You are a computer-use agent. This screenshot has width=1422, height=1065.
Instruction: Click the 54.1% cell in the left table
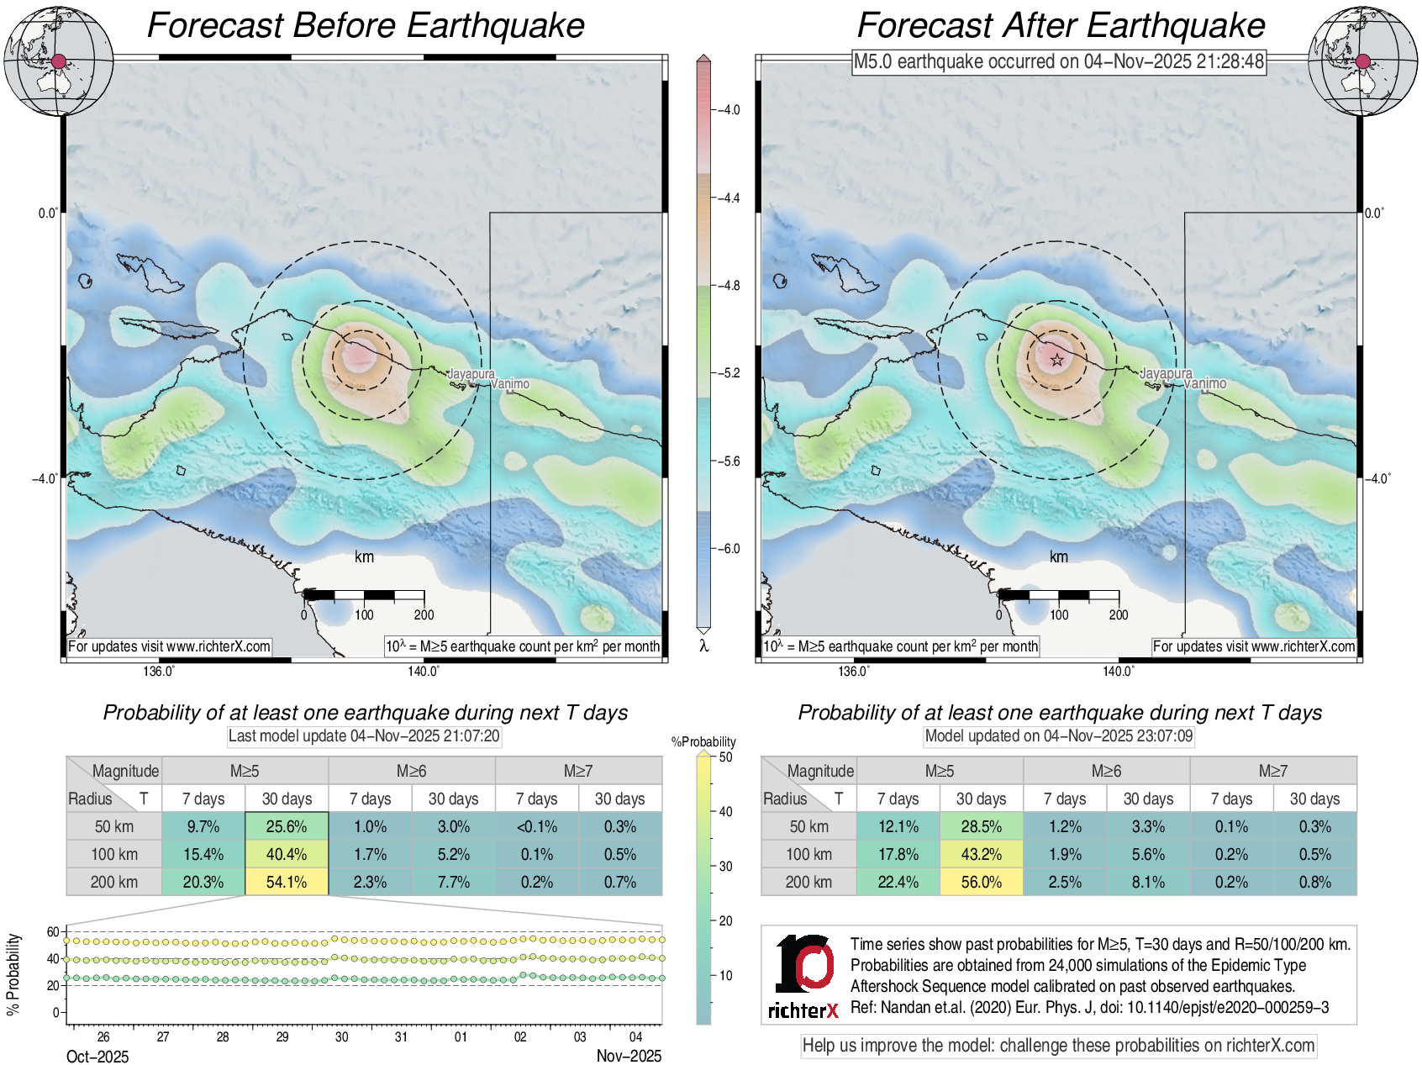click(x=287, y=882)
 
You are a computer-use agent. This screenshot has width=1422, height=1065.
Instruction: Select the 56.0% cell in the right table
click(x=981, y=882)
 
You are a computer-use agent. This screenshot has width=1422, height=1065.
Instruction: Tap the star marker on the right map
click(x=1057, y=361)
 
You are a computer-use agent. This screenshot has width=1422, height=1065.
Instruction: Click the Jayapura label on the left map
click(x=471, y=373)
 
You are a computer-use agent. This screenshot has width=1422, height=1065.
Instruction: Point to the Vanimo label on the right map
click(x=1205, y=383)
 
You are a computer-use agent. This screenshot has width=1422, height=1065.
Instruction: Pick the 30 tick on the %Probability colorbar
click(x=726, y=866)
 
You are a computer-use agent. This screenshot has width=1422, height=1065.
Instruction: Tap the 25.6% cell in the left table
click(x=287, y=826)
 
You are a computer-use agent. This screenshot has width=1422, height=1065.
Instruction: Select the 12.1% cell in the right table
click(x=898, y=826)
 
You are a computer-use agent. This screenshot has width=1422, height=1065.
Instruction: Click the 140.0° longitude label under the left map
click(x=424, y=671)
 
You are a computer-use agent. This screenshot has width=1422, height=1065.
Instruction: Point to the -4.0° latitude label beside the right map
click(x=1377, y=478)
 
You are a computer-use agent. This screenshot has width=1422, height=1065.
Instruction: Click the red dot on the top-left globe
click(x=58, y=61)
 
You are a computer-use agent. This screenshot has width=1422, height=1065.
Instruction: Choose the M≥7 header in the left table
click(x=578, y=771)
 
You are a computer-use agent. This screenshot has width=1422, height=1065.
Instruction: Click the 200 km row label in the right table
click(x=808, y=882)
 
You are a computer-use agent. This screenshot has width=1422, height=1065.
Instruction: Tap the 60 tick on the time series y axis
click(x=53, y=931)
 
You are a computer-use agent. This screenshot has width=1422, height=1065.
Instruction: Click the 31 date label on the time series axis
click(x=401, y=1036)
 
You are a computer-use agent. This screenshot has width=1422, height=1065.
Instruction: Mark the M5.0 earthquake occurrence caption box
click(x=1059, y=61)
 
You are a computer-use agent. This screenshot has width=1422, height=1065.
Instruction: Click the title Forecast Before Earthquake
click(x=366, y=25)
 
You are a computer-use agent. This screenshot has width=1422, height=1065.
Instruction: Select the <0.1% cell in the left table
click(x=537, y=826)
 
